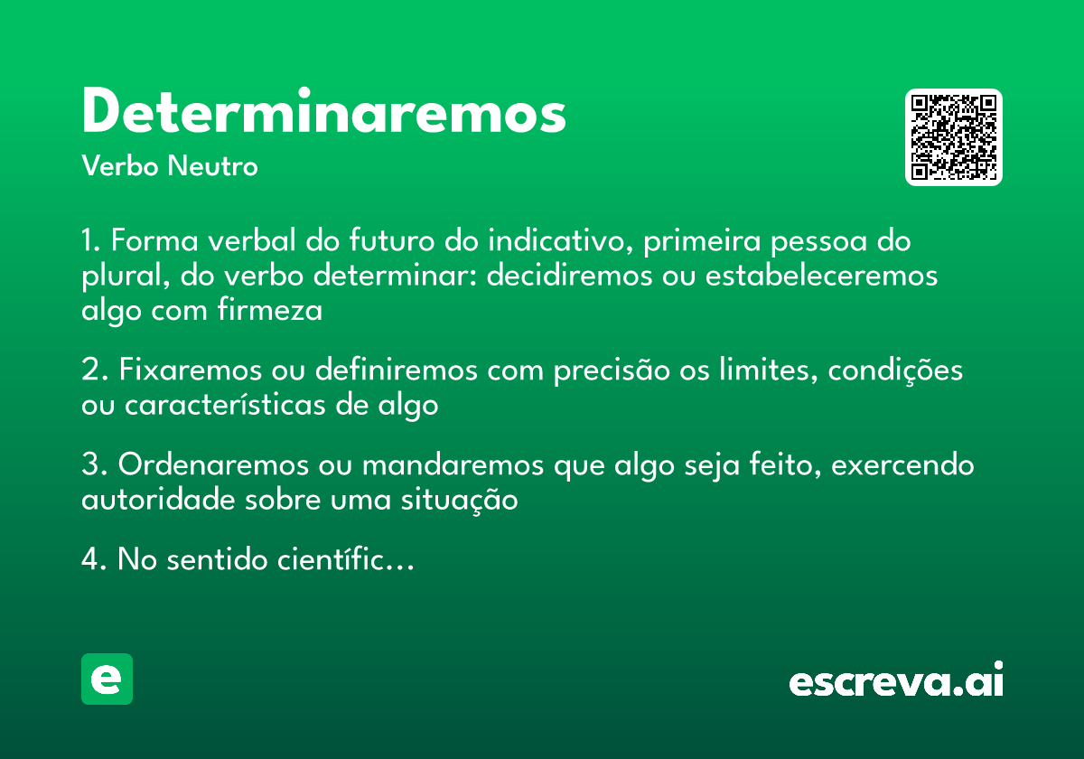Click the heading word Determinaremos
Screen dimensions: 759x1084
click(x=323, y=112)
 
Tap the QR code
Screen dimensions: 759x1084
click(x=954, y=137)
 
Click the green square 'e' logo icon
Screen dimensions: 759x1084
click(x=107, y=679)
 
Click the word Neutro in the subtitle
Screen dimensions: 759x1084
click(x=213, y=166)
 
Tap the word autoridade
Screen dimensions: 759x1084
click(x=159, y=500)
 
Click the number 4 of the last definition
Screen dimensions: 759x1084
click(x=89, y=560)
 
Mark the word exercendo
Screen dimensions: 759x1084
click(x=902, y=465)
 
